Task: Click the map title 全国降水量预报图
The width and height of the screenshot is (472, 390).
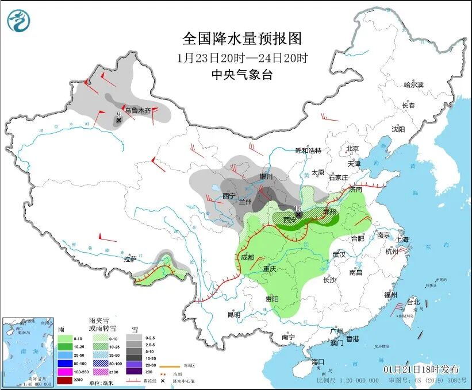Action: click(241, 38)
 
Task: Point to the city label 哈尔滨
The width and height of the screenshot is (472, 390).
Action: click(413, 84)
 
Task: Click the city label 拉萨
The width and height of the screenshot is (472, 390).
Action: click(131, 259)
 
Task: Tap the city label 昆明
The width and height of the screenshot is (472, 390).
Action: click(233, 314)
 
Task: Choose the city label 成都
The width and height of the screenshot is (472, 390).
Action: click(247, 257)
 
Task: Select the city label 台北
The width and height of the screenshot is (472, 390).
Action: click(413, 302)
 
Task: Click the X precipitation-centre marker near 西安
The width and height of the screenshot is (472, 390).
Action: click(298, 214)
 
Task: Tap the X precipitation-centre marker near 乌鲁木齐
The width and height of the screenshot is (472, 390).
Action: click(118, 120)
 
